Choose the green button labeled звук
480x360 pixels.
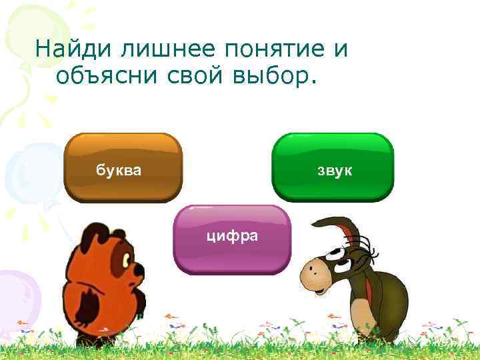click(333, 167)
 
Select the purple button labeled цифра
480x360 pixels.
click(233, 239)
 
